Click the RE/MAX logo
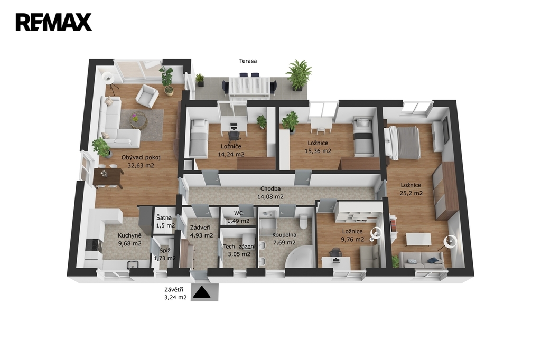click(x=54, y=22)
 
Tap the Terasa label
click(x=248, y=61)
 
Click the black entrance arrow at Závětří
click(x=201, y=293)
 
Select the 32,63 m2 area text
click(x=141, y=166)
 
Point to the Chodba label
click(x=270, y=189)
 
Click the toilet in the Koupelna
click(x=304, y=221)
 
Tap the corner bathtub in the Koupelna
click(x=299, y=257)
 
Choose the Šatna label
click(x=164, y=218)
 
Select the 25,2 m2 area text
click(x=411, y=193)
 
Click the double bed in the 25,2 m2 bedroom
click(x=402, y=143)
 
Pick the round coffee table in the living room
click(x=138, y=120)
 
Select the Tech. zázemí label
click(x=239, y=247)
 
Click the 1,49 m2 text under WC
click(x=238, y=221)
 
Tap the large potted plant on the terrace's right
click(x=298, y=75)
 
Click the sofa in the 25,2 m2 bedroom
click(x=422, y=260)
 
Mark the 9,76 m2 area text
click(x=352, y=239)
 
